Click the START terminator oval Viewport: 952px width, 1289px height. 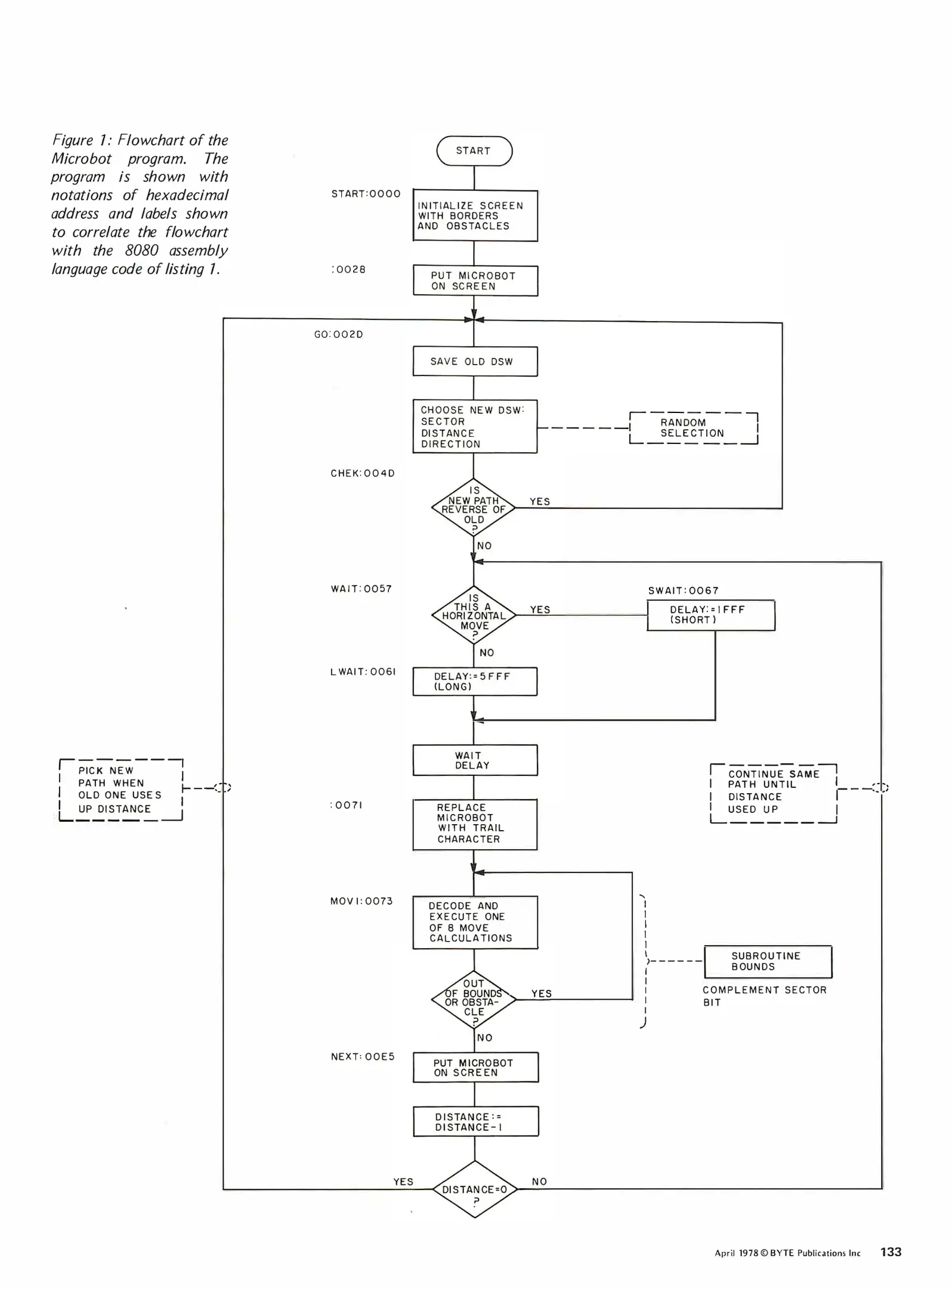[x=474, y=151]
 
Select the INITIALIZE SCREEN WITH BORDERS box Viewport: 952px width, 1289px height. [x=475, y=216]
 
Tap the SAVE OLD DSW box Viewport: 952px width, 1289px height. [x=475, y=362]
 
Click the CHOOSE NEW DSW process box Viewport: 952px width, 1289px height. [x=475, y=427]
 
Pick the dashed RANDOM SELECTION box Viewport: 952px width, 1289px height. [x=693, y=428]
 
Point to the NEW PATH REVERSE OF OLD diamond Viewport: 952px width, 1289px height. [x=474, y=508]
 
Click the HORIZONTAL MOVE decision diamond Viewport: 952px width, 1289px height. [x=474, y=615]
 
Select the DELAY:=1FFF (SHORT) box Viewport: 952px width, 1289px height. [x=710, y=615]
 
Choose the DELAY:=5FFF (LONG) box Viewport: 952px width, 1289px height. [x=475, y=681]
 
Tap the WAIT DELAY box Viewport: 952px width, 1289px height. [x=475, y=760]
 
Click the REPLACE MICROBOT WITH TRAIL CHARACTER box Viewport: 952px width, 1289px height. [x=475, y=824]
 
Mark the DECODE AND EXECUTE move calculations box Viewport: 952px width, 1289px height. [x=475, y=922]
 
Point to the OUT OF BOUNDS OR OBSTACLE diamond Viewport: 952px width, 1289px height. [x=474, y=1000]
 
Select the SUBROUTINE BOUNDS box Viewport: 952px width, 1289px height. [x=768, y=961]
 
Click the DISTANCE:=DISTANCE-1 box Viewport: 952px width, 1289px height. [x=475, y=1121]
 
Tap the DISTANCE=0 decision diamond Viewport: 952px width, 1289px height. [x=475, y=1189]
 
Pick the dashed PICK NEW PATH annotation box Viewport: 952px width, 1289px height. [x=121, y=790]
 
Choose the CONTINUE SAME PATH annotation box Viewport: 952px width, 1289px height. [x=774, y=793]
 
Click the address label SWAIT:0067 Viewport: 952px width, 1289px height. [x=684, y=591]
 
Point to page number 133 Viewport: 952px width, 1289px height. [x=891, y=1252]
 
